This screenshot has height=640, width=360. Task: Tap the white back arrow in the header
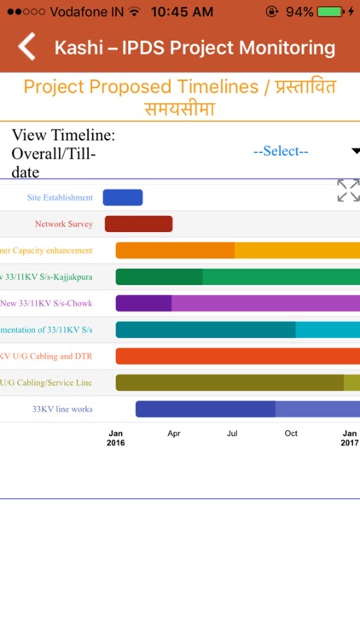point(27,47)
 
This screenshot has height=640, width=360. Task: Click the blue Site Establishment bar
point(123,198)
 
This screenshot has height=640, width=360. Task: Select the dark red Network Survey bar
point(138,224)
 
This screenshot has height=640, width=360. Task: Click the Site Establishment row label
point(60,198)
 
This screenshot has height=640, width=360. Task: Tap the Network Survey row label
point(64,224)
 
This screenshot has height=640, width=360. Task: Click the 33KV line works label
point(62,410)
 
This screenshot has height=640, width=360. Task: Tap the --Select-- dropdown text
point(281,151)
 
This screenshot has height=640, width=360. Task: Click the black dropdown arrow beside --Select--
point(355,152)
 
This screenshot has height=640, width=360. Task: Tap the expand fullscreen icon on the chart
point(348,190)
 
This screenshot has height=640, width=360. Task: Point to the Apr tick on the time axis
point(174,433)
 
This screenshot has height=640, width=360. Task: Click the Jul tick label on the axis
point(232,433)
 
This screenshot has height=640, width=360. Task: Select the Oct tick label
point(291,433)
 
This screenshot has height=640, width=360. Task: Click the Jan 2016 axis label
point(116,439)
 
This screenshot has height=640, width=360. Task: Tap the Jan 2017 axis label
point(350,439)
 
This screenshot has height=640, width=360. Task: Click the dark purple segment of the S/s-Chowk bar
point(143,304)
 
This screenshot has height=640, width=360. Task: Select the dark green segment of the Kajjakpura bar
point(159,277)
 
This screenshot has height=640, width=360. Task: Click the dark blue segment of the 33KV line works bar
point(205,410)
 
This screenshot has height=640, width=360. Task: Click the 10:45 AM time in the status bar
point(182,12)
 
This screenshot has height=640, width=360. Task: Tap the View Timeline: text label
point(63,135)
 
